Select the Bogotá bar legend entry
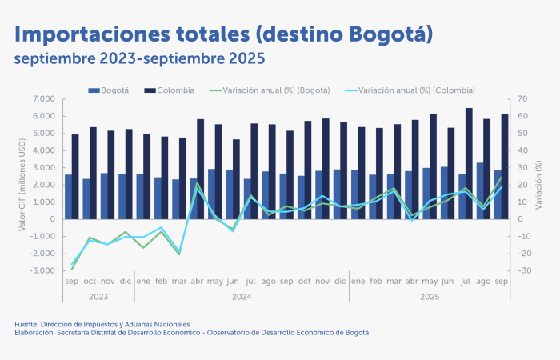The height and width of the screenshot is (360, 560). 114,90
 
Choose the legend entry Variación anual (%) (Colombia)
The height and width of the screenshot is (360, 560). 417,90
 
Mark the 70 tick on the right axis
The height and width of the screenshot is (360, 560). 522,99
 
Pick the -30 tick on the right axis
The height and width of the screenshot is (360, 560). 524,271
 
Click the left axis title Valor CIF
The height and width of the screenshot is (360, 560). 22,185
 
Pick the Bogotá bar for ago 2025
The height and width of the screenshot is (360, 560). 479,190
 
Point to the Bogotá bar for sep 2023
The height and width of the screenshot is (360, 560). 68,197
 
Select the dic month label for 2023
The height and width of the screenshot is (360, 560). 125,282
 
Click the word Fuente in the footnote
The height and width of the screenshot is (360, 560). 26,323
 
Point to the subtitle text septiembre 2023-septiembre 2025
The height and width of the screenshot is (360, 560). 138,60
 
